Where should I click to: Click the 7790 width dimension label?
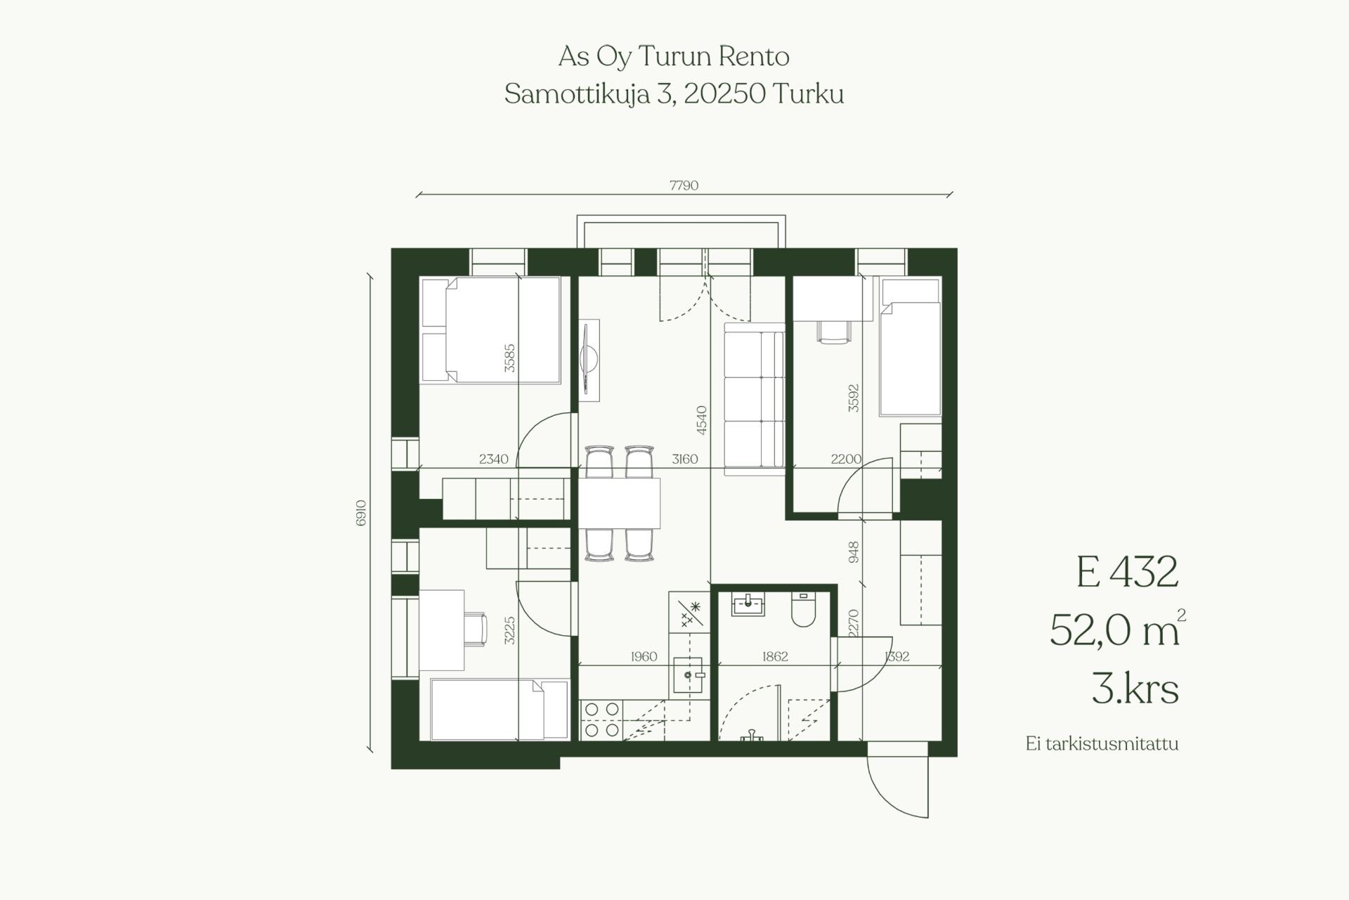point(684,185)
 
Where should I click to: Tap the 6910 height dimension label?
point(361,513)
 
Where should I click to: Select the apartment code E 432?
point(1127,572)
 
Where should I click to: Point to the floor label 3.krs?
point(1135,688)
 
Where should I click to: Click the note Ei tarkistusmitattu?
point(1102,744)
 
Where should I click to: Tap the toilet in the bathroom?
point(802,610)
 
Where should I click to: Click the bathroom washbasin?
point(748,604)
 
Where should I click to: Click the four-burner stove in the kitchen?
point(601,720)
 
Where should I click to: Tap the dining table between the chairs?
point(620,503)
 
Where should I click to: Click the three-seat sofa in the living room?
point(754,398)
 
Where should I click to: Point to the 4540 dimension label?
point(700,420)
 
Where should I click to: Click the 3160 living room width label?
point(684,459)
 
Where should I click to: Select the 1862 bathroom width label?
point(775,657)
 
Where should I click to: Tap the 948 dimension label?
point(854,552)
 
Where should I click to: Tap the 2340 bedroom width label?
point(493,459)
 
